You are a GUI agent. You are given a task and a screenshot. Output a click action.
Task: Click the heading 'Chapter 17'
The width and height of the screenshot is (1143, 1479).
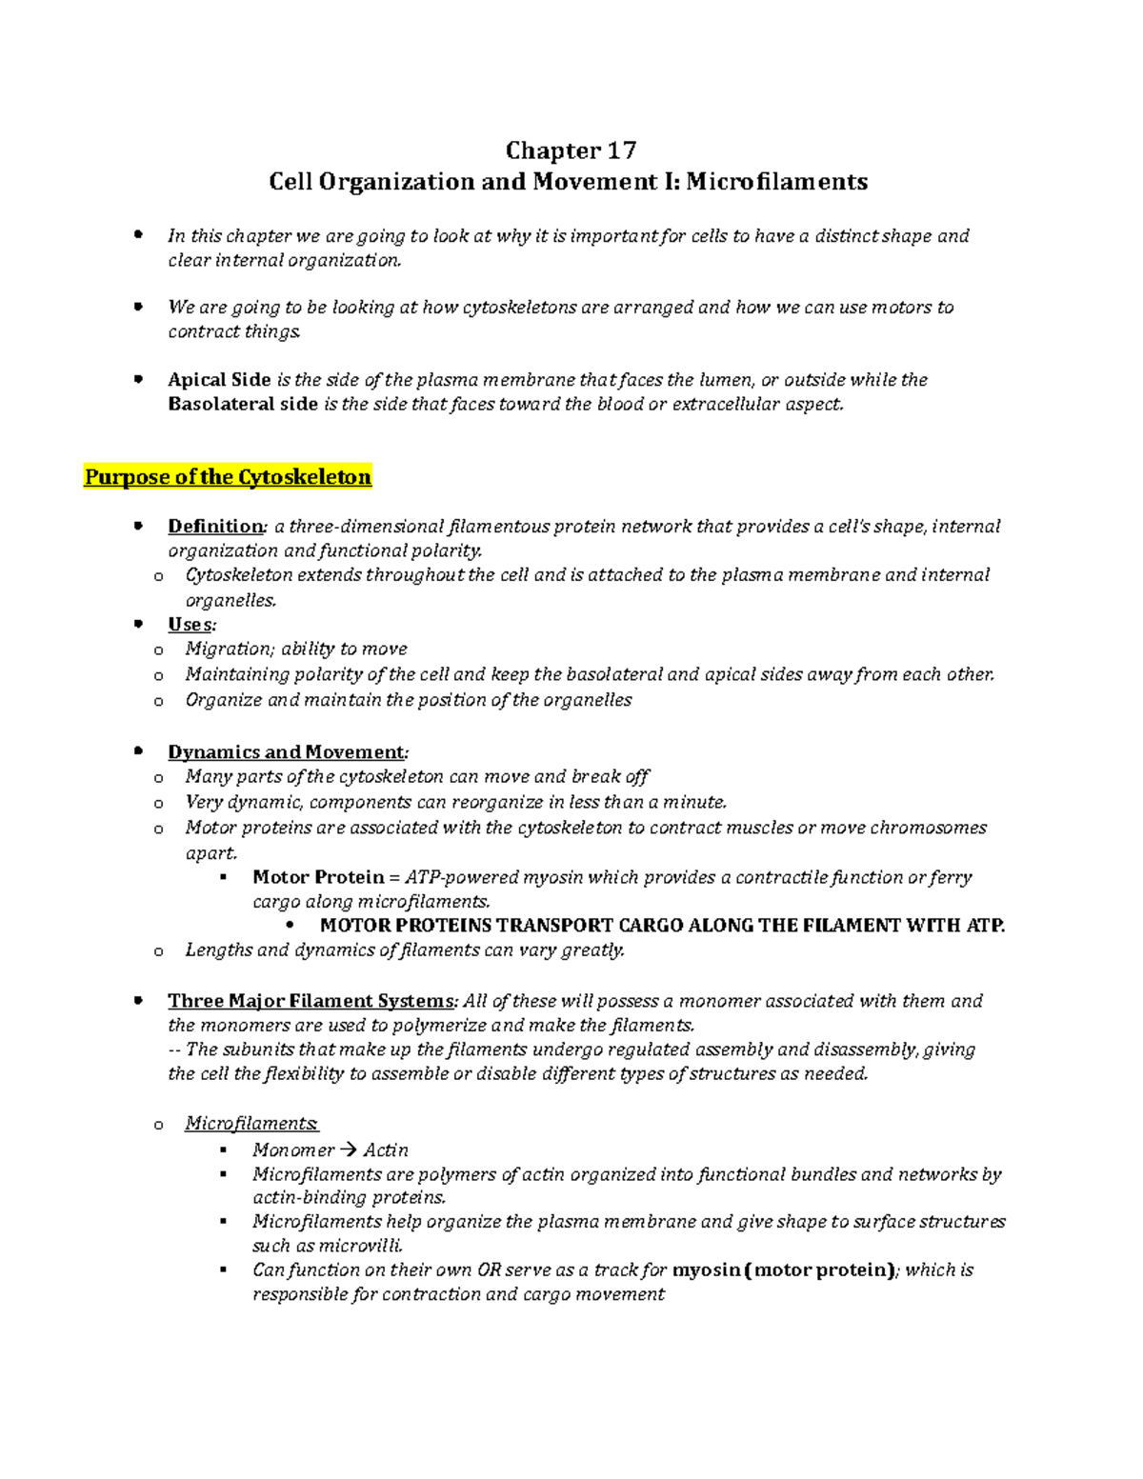tap(570, 150)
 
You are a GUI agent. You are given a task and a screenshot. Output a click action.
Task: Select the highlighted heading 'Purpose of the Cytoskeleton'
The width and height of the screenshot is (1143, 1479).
tap(228, 477)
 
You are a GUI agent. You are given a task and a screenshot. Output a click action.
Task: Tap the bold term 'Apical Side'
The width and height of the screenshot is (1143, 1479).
tap(219, 380)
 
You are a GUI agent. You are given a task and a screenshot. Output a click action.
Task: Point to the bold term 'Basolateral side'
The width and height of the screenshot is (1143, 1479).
tap(242, 404)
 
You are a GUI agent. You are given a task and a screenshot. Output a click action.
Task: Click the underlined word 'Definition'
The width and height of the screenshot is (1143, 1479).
tap(214, 527)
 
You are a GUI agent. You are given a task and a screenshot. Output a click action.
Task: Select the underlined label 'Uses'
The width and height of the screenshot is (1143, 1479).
tap(190, 625)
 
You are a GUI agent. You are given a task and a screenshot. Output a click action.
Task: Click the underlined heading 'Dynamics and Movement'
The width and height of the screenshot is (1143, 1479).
tap(286, 752)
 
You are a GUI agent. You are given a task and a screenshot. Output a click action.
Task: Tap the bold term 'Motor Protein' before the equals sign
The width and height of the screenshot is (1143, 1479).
tap(318, 877)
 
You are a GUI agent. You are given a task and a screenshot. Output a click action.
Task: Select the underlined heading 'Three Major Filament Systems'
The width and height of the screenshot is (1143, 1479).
tap(311, 1001)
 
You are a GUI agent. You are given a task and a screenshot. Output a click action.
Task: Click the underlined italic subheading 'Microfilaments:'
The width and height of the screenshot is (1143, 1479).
tap(251, 1124)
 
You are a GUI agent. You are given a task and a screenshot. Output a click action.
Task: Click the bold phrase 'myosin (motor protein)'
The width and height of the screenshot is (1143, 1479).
tap(783, 1270)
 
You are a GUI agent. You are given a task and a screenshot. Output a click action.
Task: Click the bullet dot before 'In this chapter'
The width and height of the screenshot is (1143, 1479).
tap(139, 233)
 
